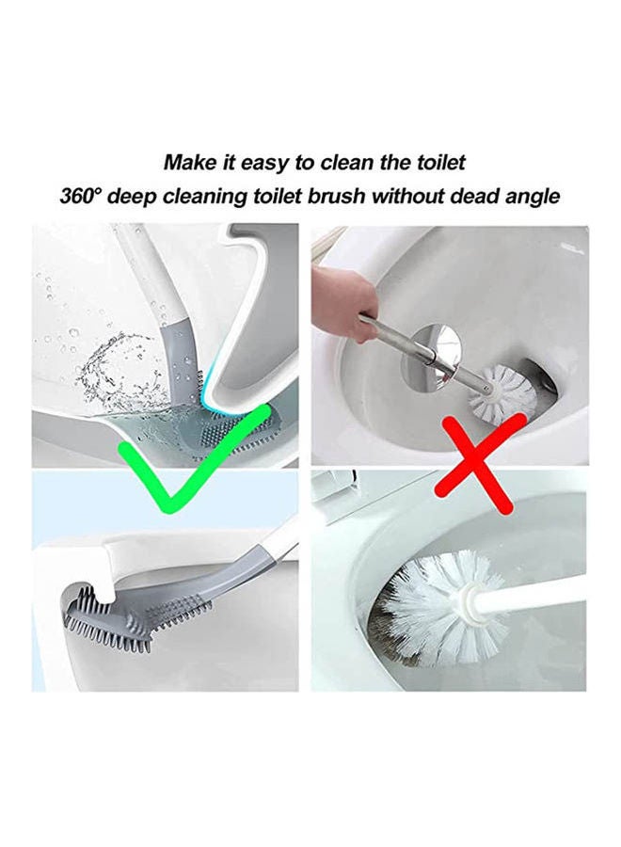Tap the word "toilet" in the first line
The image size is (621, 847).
coord(434,162)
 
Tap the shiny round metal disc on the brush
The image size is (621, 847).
coord(438,350)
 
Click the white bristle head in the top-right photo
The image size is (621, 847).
coord(499,392)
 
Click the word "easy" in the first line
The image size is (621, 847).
coord(262,162)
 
